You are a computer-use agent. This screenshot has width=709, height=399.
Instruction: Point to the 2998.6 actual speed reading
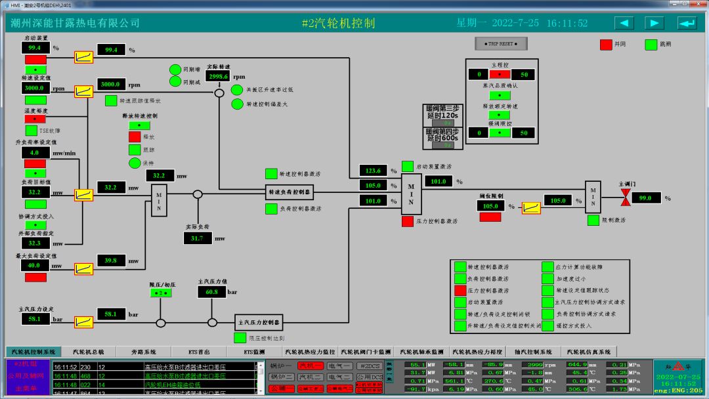click(218, 76)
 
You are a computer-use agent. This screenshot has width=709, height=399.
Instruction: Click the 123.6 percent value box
click(374, 171)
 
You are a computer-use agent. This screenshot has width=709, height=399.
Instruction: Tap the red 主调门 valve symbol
click(626, 198)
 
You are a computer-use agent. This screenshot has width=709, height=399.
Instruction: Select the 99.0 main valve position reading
click(646, 198)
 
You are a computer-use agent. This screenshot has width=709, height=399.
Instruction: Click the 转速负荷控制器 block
click(290, 192)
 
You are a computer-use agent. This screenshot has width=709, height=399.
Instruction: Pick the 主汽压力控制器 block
click(259, 323)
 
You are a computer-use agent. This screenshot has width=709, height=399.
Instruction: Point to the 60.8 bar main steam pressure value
click(211, 292)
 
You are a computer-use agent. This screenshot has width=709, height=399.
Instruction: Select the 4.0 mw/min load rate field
click(35, 152)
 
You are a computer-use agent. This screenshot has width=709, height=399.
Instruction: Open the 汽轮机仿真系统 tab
click(589, 352)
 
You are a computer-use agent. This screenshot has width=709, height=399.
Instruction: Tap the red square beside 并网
click(606, 45)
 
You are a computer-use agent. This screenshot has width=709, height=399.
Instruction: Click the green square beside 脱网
click(651, 45)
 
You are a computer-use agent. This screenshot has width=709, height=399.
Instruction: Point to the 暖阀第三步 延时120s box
click(443, 112)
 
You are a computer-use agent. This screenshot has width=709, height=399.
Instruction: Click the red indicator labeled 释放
click(135, 136)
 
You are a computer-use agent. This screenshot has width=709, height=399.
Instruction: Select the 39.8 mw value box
click(112, 261)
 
